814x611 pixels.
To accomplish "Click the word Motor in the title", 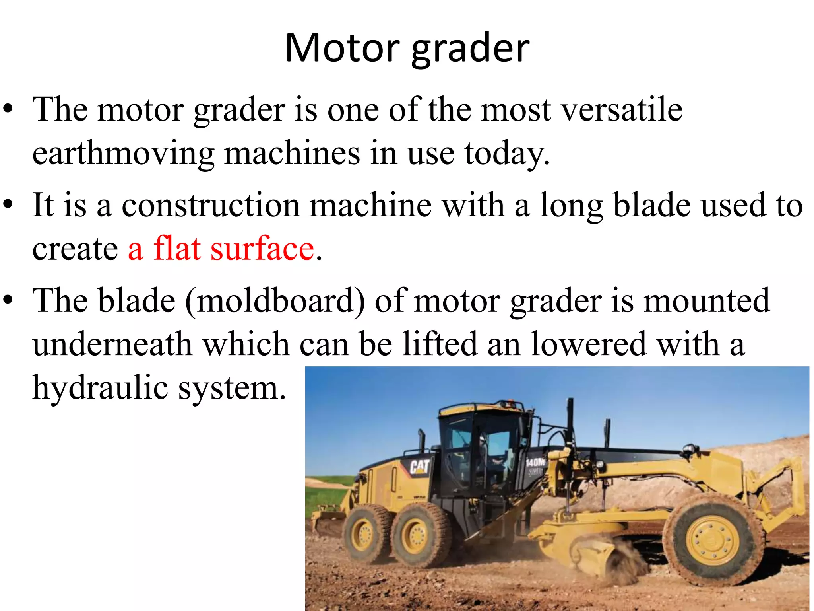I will coord(342,49).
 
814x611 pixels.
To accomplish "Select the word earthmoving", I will coord(123,154).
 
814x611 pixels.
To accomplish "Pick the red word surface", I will coord(262,249).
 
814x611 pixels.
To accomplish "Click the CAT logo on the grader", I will coord(419,467).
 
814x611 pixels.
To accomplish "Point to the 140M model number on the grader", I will coord(535,462).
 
